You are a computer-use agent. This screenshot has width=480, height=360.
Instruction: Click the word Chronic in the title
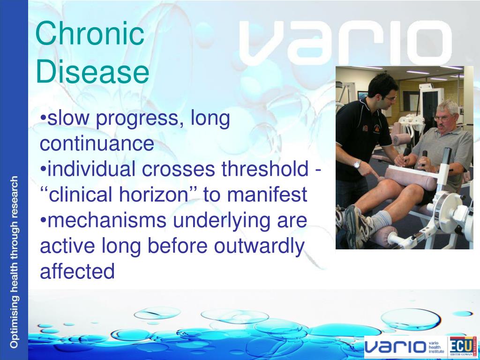pyautogui.click(x=90, y=33)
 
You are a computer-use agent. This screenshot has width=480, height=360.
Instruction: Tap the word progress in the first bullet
pyautogui.click(x=136, y=119)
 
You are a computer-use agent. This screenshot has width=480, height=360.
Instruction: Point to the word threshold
pyautogui.click(x=265, y=168)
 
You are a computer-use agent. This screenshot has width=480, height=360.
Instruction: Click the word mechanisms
pyautogui.click(x=107, y=220)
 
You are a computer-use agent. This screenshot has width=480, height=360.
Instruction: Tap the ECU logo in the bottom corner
pyautogui.click(x=462, y=347)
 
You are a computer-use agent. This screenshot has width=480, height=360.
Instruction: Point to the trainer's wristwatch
pyautogui.click(x=357, y=165)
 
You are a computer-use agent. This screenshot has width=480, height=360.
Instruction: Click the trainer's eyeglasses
pyautogui.click(x=390, y=98)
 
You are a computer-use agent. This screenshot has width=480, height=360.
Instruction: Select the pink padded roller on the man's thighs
pyautogui.click(x=410, y=179)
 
